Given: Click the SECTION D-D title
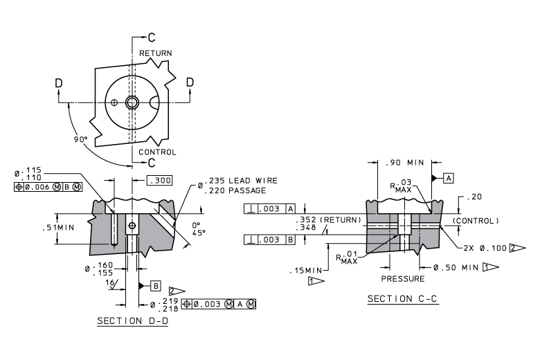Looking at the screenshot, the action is click(133, 321).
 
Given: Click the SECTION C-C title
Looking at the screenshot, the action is click(403, 298).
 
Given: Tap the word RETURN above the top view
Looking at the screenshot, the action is click(155, 53).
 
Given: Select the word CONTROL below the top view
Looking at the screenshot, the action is click(157, 152).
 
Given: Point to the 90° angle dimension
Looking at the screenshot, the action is click(80, 139).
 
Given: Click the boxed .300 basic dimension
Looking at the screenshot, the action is click(159, 180).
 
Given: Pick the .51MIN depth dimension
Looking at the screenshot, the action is click(58, 227).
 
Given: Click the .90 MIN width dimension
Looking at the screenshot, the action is click(405, 163).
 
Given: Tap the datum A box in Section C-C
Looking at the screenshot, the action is click(449, 178).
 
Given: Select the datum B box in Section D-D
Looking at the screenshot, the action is click(156, 286).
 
